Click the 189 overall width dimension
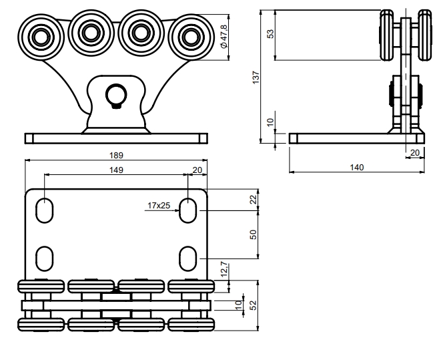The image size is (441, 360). [x=117, y=155]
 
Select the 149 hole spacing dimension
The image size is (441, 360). [x=117, y=170]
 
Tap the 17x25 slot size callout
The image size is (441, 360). [x=159, y=206]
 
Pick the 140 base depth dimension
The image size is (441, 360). [x=357, y=166]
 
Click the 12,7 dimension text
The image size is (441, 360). [x=225, y=270]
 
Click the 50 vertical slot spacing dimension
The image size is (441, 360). [x=253, y=235]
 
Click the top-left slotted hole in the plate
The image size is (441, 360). [x=45, y=210]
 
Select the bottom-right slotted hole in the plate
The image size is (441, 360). [x=189, y=256]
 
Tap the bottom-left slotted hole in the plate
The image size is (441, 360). [x=45, y=256]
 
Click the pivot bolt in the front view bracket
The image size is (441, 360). [x=117, y=96]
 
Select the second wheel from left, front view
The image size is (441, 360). [x=91, y=30]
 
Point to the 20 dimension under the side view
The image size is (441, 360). [x=414, y=153]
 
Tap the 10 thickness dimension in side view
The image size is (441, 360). [x=270, y=122]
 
